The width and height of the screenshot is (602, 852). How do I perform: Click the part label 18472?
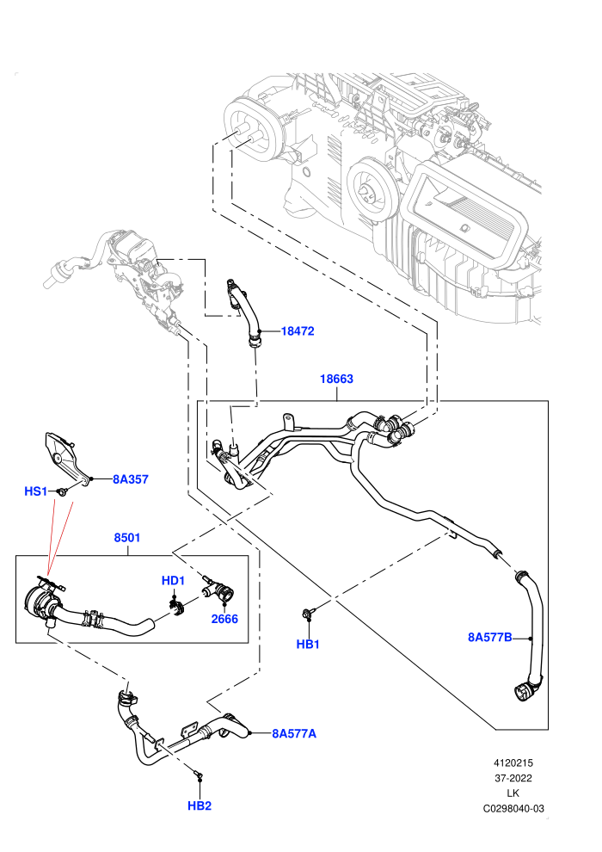point(298,331)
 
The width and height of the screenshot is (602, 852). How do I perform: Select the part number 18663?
point(336,379)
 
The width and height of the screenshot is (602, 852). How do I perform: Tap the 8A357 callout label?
point(130,479)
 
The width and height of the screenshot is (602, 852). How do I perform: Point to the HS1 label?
point(36,491)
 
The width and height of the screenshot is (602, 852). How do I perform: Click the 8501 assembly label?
point(127,537)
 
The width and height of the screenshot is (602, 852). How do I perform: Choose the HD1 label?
point(173,580)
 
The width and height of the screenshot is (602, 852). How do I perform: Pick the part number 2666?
point(224,619)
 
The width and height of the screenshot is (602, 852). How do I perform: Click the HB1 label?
point(308,644)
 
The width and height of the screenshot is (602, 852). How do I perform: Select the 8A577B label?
point(490,637)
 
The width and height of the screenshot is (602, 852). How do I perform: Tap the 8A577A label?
point(294,733)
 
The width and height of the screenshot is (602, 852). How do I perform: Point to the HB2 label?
point(200,806)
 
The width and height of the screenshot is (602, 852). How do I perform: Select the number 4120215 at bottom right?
point(513,762)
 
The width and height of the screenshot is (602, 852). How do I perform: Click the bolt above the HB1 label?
point(308,614)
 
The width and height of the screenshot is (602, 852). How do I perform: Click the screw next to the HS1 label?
point(64,491)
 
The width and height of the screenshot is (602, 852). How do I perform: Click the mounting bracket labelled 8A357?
point(66,455)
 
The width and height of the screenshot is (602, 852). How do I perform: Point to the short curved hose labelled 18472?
point(245,312)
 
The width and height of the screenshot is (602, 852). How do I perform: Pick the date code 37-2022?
point(513,778)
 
